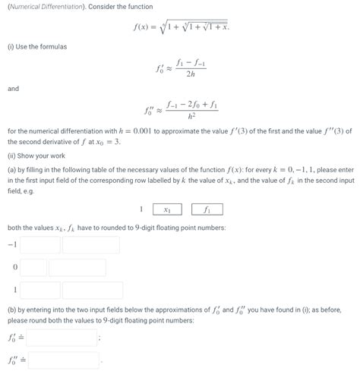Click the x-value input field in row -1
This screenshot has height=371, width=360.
[x=40, y=245]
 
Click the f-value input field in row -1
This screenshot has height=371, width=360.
[x=90, y=245]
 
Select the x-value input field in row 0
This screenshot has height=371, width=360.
[x=35, y=268]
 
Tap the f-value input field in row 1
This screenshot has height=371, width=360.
[x=90, y=290]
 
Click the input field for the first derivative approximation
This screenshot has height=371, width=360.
[x=62, y=337]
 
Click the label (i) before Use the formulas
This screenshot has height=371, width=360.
[x=11, y=46]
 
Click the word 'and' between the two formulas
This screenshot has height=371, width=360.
[x=13, y=88]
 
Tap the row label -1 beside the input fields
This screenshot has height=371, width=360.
[x=11, y=245]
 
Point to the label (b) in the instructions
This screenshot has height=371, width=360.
[x=11, y=310]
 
